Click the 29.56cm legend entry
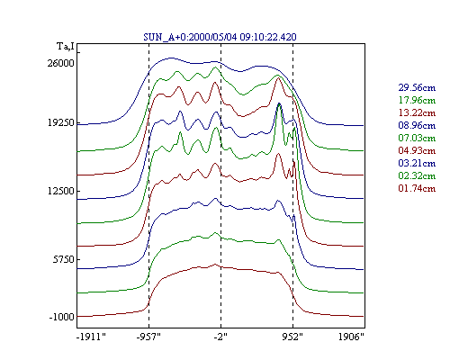[x=417, y=87]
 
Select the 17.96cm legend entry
[x=417, y=100]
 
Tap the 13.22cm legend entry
[x=417, y=112]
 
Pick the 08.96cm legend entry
[x=417, y=125]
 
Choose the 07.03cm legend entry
[x=417, y=138]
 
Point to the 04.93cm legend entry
[x=417, y=150]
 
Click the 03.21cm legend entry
[x=417, y=163]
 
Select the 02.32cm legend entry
[x=417, y=175]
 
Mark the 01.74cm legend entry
[x=417, y=188]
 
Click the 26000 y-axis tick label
[x=60, y=63]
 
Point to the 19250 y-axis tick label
[x=60, y=122]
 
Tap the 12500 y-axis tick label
[x=60, y=191]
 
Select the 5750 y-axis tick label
[x=63, y=259]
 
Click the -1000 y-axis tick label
[x=61, y=317]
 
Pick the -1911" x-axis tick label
[x=92, y=337]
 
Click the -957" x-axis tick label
[x=148, y=337]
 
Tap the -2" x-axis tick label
[x=220, y=337]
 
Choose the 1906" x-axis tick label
[x=351, y=337]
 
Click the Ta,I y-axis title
[x=66, y=47]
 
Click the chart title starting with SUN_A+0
[x=220, y=37]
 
